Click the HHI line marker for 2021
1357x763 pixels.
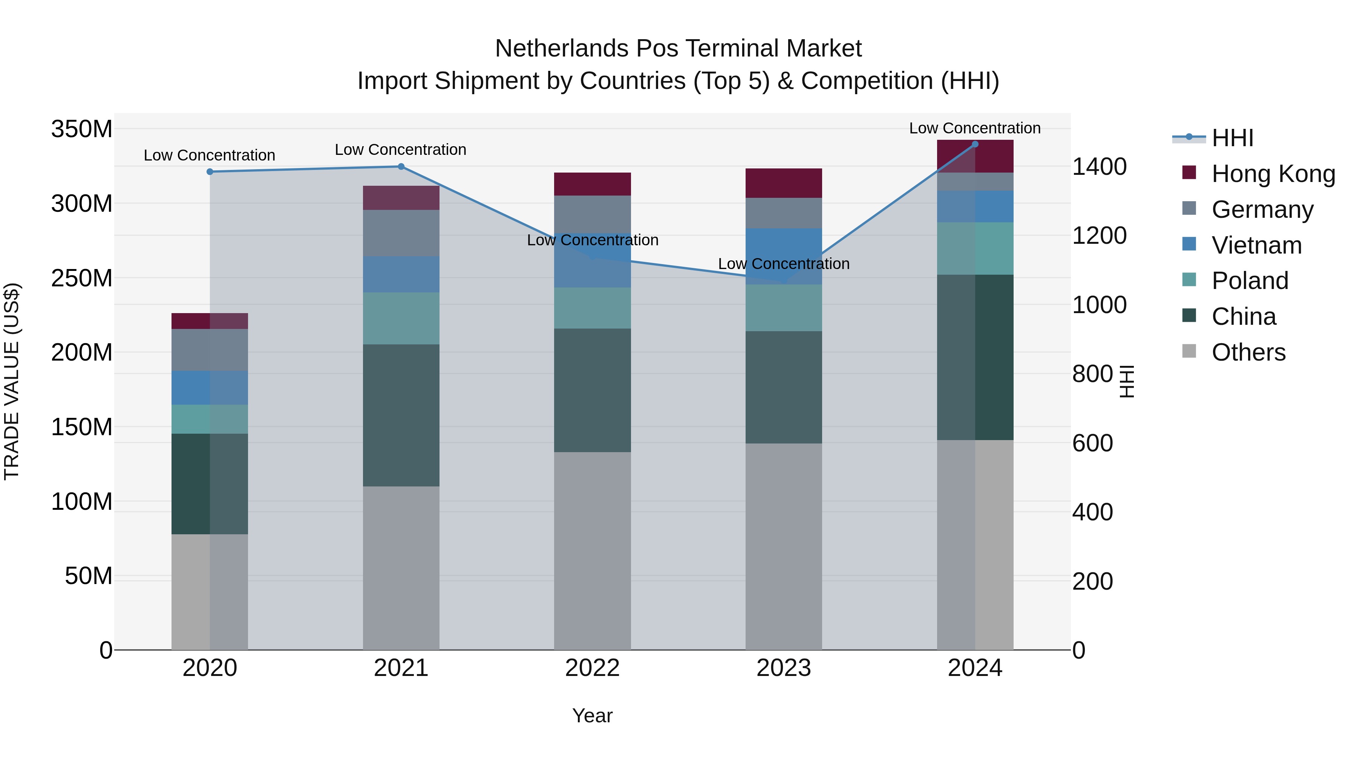pos(401,167)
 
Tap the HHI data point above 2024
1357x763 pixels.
pos(975,144)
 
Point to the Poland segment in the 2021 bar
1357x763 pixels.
pos(401,318)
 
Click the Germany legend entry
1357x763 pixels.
pos(1262,209)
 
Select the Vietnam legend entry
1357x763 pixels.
pos(1256,245)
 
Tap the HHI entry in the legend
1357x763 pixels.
pos(1232,138)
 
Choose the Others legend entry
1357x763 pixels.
pos(1248,352)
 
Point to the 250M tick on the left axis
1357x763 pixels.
pos(82,278)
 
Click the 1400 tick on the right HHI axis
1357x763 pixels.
pos(1100,167)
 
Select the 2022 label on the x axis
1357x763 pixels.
pos(592,668)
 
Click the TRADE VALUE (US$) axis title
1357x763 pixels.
pos(12,381)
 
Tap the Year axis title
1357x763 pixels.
pos(592,716)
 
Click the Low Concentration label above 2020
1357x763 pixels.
pos(210,155)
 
